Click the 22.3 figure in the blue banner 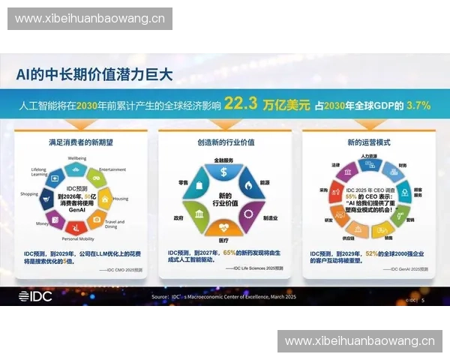(x=240, y=104)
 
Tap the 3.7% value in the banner (x=418, y=105)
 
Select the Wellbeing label (x=77, y=158)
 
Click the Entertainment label (x=112, y=169)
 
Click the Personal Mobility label (x=77, y=238)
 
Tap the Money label (x=42, y=223)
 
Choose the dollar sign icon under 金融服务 (x=224, y=172)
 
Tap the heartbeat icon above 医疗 (x=225, y=227)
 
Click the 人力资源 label (x=367, y=156)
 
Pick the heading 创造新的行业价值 (x=223, y=141)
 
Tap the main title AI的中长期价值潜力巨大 (x=94, y=74)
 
